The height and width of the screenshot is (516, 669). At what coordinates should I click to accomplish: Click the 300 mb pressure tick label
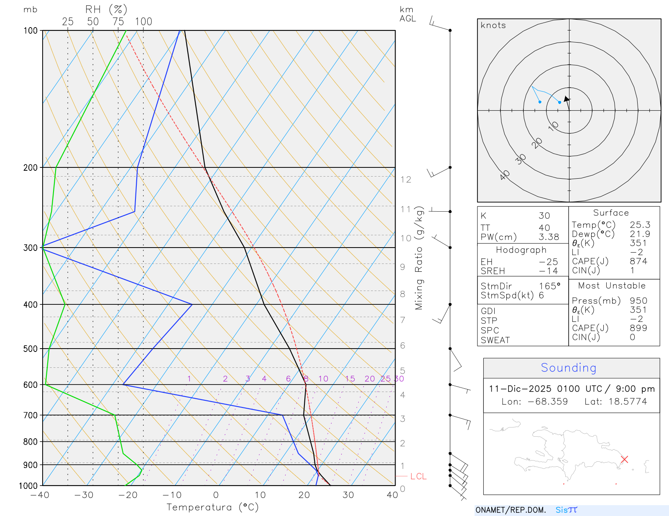tap(30, 248)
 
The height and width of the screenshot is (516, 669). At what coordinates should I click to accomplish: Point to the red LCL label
tap(418, 476)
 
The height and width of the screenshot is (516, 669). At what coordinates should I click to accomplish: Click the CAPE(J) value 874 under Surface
tap(638, 261)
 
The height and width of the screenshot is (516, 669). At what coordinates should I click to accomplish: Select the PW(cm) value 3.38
tap(549, 237)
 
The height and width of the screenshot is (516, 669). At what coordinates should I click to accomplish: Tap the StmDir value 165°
tap(549, 286)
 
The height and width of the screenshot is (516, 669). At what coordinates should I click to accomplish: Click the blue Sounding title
tap(568, 368)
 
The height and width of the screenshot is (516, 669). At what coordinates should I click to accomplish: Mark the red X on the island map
tap(624, 459)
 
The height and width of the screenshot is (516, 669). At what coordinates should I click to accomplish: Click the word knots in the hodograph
tap(493, 25)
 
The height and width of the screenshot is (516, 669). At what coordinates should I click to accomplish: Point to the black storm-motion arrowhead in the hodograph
tap(567, 99)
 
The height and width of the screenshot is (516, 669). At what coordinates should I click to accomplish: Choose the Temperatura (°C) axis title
tap(212, 507)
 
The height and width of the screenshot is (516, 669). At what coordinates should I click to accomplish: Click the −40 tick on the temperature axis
tap(40, 495)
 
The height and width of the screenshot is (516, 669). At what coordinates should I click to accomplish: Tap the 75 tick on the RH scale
tap(118, 22)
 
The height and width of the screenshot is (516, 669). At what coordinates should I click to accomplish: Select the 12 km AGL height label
tap(406, 180)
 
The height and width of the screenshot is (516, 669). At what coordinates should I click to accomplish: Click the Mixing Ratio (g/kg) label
tap(419, 258)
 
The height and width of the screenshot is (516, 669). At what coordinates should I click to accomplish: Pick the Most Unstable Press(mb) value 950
tap(638, 301)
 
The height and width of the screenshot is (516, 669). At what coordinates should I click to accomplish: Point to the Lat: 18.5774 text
tap(615, 402)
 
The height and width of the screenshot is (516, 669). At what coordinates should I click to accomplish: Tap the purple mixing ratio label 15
tap(350, 379)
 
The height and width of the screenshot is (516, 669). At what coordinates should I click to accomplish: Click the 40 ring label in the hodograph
tap(505, 175)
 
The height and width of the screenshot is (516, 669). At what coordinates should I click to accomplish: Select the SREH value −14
tap(548, 271)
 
